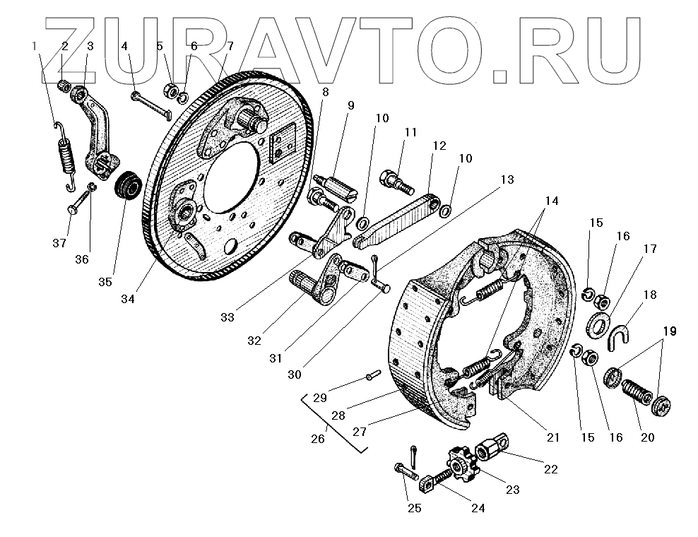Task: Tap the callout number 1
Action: (x=34, y=47)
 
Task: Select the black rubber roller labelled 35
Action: (x=128, y=186)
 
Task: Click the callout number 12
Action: (x=439, y=146)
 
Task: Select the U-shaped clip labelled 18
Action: (x=620, y=336)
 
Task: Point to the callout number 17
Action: (x=649, y=249)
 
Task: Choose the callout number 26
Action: (x=317, y=438)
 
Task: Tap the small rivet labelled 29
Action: (x=373, y=375)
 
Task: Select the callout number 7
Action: (x=230, y=47)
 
